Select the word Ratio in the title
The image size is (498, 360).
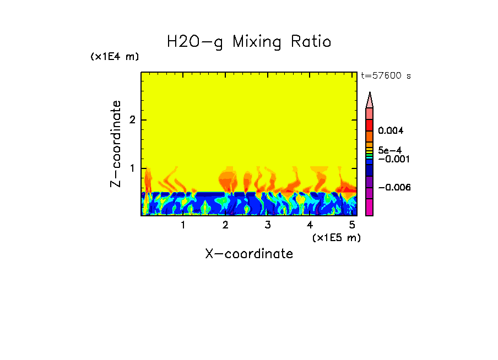coord(311,42)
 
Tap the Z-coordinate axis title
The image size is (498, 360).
coord(116,144)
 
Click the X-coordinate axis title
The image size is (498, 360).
coord(249,254)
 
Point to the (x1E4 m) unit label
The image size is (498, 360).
coord(115,57)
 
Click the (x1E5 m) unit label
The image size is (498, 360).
coord(336,237)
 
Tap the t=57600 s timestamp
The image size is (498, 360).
coord(386,76)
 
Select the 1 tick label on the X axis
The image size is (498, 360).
coord(183,225)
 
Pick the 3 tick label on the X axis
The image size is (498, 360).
coord(267,225)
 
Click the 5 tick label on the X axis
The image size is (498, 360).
coord(351,225)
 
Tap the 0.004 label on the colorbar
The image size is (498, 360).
coord(392,131)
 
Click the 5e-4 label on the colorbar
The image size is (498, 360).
coord(390,150)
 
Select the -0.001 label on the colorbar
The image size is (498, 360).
coord(392,159)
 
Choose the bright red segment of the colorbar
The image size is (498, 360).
coord(369,125)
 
